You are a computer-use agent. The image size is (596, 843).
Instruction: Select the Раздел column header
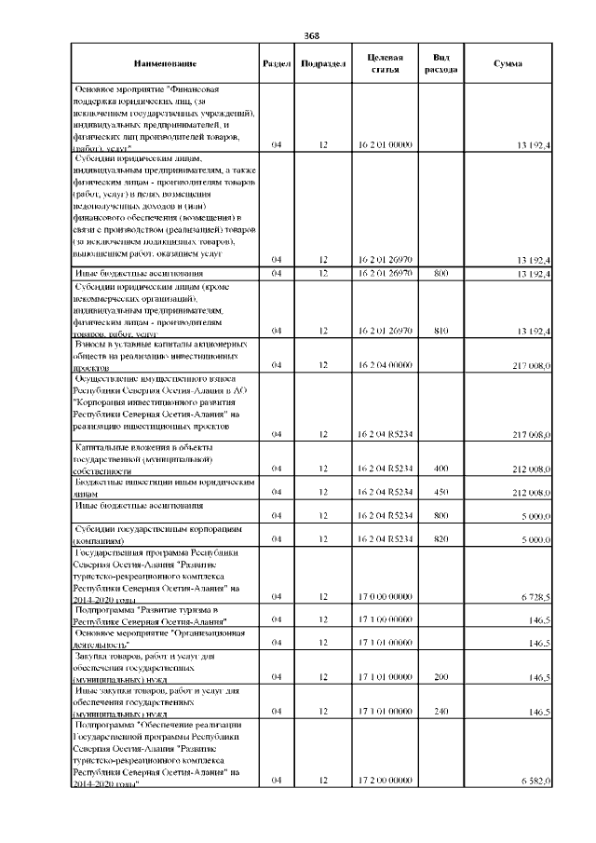click(x=277, y=63)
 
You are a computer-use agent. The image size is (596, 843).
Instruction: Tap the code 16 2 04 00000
click(x=385, y=365)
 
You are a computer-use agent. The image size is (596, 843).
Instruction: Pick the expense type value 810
click(x=440, y=331)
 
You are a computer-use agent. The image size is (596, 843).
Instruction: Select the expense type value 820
click(x=440, y=538)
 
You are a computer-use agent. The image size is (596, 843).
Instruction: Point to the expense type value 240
click(x=440, y=712)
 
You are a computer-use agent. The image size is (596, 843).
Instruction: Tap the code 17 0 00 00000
click(x=385, y=596)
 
